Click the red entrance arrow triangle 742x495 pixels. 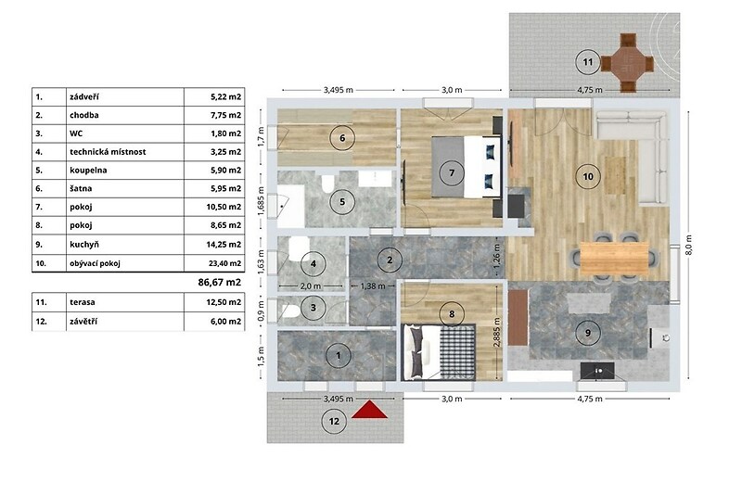pyautogui.click(x=369, y=411)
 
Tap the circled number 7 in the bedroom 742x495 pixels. pyautogui.click(x=452, y=173)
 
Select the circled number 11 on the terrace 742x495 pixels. pyautogui.click(x=588, y=62)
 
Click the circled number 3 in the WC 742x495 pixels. pyautogui.click(x=313, y=308)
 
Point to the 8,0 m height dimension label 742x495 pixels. pyautogui.click(x=688, y=245)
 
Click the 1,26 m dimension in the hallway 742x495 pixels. pyautogui.click(x=496, y=259)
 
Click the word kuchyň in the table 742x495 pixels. pyautogui.click(x=84, y=245)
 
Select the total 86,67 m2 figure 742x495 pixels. pyautogui.click(x=220, y=282)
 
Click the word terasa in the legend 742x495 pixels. pyautogui.click(x=83, y=302)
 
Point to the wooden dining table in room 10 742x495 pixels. pyautogui.click(x=614, y=258)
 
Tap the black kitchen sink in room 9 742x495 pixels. pyautogui.click(x=597, y=371)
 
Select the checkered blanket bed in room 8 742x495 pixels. pyautogui.click(x=439, y=351)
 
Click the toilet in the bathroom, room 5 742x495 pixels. pyautogui.click(x=327, y=184)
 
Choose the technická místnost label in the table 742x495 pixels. pyautogui.click(x=108, y=152)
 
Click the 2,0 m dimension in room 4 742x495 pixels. pyautogui.click(x=311, y=286)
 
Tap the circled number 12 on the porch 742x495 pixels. pyautogui.click(x=334, y=421)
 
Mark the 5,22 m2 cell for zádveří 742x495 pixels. pyautogui.click(x=225, y=97)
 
